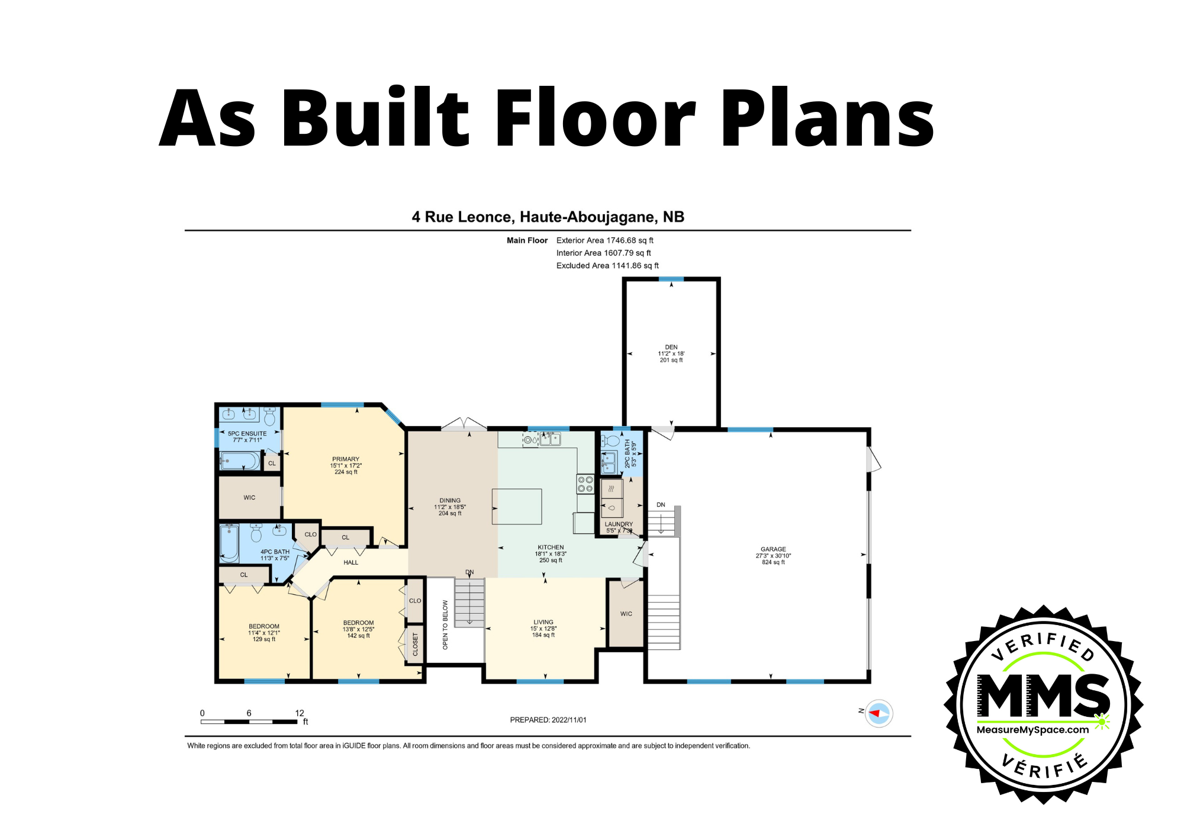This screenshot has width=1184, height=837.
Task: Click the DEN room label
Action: pos(671,347)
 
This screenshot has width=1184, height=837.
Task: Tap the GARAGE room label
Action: pos(773,549)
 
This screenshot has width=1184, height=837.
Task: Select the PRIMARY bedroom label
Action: pos(346,459)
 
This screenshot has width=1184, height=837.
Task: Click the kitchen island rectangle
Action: pos(517,506)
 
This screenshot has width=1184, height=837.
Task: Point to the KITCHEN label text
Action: pos(551,548)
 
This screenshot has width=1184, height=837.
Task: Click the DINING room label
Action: pos(450,500)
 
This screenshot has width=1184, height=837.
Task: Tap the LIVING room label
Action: pos(543,622)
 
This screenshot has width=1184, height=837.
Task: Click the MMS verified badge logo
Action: pos(1043,704)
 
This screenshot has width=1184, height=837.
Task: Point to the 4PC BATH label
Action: pos(275,552)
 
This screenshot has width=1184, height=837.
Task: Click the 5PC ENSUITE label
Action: pos(247,433)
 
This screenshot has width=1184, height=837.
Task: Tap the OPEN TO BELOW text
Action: pos(445,624)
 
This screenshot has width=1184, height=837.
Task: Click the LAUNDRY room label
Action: pos(619,524)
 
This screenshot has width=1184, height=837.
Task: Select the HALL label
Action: pos(351,562)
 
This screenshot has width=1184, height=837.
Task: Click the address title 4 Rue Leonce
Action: pos(548,217)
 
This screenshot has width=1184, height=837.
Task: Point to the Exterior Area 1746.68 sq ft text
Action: pos(605,240)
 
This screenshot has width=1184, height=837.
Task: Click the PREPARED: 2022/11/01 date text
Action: pos(548,720)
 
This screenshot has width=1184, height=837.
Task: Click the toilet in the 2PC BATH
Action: pos(610,441)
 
